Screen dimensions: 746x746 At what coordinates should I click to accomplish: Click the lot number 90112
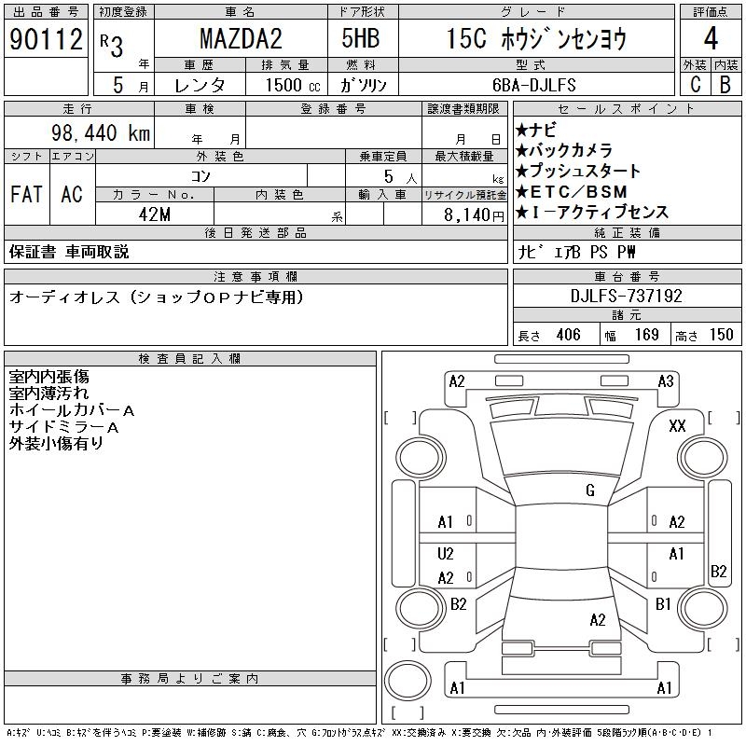46,38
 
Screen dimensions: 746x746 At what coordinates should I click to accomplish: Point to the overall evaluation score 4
710,39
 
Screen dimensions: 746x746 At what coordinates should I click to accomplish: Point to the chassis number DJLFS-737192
627,297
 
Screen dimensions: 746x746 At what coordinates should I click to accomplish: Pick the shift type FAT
26,194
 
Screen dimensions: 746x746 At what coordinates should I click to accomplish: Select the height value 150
720,335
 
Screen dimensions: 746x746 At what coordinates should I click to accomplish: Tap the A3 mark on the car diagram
666,380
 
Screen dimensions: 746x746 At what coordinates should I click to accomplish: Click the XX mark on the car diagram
678,425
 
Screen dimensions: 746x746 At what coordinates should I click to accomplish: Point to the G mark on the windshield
590,490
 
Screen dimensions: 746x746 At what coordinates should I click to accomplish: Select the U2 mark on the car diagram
446,554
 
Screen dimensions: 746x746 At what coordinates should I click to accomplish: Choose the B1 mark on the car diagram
663,604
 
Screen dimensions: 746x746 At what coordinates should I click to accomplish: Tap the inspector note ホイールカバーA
72,410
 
